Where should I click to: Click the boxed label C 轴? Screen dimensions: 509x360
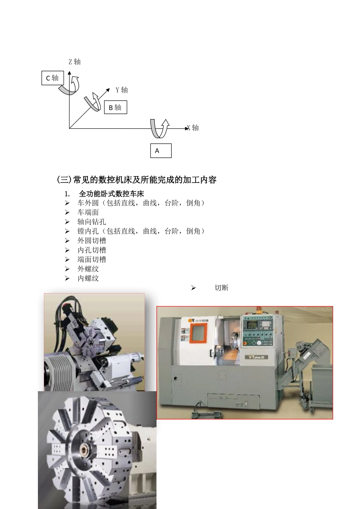click(53, 78)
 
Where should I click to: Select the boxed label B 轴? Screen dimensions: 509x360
click(115, 108)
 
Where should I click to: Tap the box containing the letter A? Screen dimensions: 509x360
click(161, 150)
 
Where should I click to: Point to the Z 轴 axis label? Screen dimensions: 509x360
click(74, 62)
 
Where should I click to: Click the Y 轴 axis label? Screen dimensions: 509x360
click(122, 90)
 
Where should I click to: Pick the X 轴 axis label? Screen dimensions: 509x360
click(193, 128)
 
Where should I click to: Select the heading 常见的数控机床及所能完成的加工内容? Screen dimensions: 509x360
click(136, 180)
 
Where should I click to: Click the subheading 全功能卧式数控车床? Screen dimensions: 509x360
click(111, 194)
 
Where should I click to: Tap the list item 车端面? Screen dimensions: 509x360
click(88, 212)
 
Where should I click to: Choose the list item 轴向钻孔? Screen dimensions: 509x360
click(92, 222)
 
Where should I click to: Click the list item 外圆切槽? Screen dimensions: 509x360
click(92, 240)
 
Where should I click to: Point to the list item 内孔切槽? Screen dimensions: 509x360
click(92, 250)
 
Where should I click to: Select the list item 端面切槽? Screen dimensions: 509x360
click(92, 259)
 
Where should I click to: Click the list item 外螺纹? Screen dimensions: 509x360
click(88, 269)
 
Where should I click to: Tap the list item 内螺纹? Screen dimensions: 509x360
click(88, 278)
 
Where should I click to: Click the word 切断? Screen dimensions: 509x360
click(221, 288)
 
